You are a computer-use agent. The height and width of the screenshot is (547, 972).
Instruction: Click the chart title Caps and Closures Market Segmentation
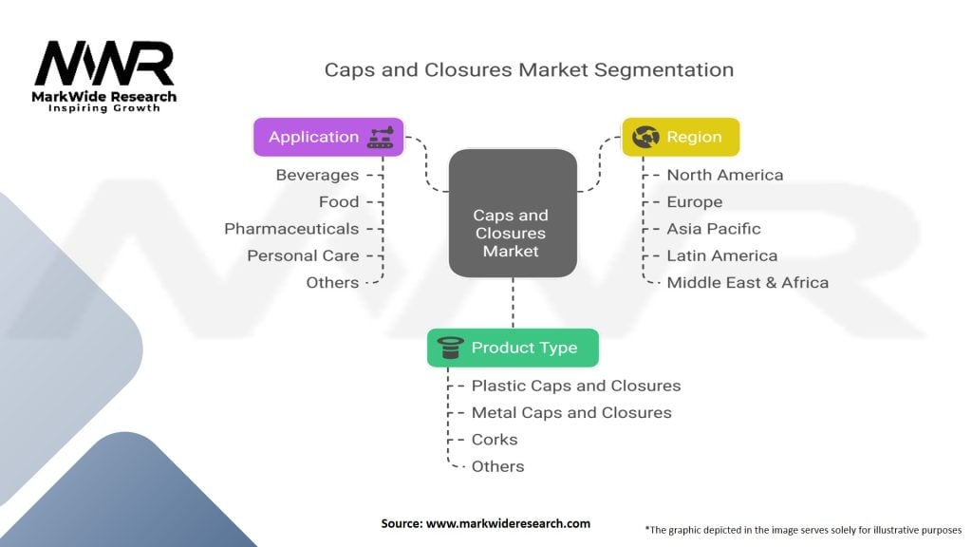coord(529,69)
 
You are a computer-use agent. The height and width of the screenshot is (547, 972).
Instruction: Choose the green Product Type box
coord(513,348)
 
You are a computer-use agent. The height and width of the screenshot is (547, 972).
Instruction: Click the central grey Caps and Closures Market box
coord(512,233)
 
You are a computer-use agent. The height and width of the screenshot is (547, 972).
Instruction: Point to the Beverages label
coord(317,175)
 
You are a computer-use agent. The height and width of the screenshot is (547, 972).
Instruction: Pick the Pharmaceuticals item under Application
coord(291,229)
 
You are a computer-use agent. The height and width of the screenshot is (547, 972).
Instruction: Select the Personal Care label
coord(303,255)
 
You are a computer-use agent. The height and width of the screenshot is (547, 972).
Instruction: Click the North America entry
coord(724,175)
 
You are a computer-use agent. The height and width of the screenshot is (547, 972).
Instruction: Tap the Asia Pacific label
coord(713,229)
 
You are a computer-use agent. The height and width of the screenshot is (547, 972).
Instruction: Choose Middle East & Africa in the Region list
coord(747,282)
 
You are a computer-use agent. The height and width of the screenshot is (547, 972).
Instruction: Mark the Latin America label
coord(721,255)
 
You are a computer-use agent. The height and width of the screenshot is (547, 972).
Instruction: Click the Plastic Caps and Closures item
coord(575,386)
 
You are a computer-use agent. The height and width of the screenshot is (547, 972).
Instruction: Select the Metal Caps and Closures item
coord(570,412)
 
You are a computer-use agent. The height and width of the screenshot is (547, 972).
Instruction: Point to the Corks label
coord(495,440)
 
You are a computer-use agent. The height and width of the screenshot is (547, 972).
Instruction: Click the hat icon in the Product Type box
coord(450,348)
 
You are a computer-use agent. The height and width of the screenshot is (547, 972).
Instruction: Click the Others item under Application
coord(332,282)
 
